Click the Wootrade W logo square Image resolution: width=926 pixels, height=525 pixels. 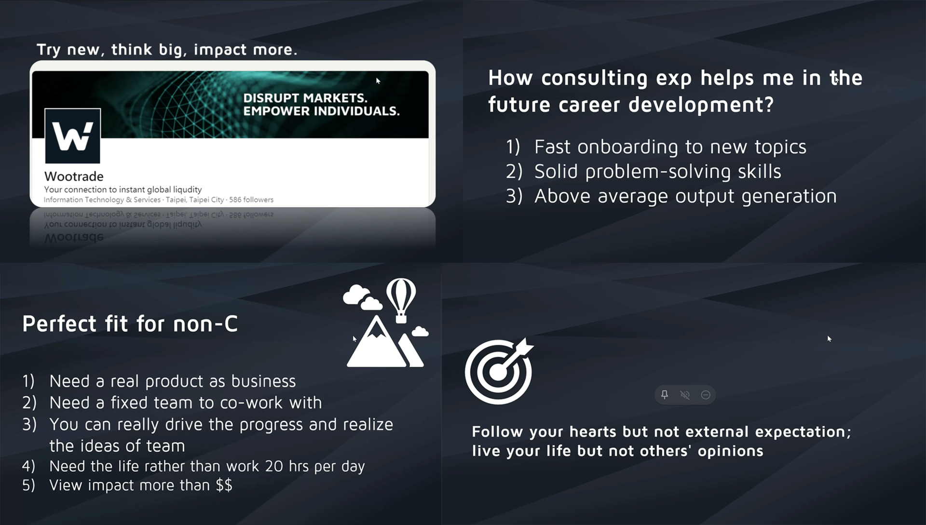[72, 136]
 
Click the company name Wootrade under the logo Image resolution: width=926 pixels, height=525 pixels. [74, 176]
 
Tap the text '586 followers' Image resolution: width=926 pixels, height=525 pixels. [251, 200]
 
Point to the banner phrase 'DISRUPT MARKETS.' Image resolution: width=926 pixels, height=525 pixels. [305, 98]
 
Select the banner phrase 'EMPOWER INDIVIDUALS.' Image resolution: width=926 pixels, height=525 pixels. [321, 111]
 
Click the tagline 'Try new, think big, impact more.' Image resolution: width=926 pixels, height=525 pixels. [167, 50]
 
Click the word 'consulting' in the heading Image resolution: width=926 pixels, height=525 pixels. [594, 79]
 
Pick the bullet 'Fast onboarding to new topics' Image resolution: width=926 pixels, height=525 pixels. [670, 147]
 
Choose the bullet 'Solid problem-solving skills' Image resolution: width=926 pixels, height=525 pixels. [657, 172]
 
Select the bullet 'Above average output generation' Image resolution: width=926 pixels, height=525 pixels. [685, 197]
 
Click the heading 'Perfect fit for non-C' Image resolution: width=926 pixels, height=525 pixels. [130, 324]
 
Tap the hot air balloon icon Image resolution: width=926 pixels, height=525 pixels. [401, 300]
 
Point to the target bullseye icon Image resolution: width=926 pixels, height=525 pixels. [499, 371]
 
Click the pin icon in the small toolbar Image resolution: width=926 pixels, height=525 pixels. [665, 395]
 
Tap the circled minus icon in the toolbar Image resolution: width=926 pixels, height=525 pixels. [706, 395]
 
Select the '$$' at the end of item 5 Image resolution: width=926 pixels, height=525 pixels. [224, 485]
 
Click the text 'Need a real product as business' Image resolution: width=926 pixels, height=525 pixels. [173, 381]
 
